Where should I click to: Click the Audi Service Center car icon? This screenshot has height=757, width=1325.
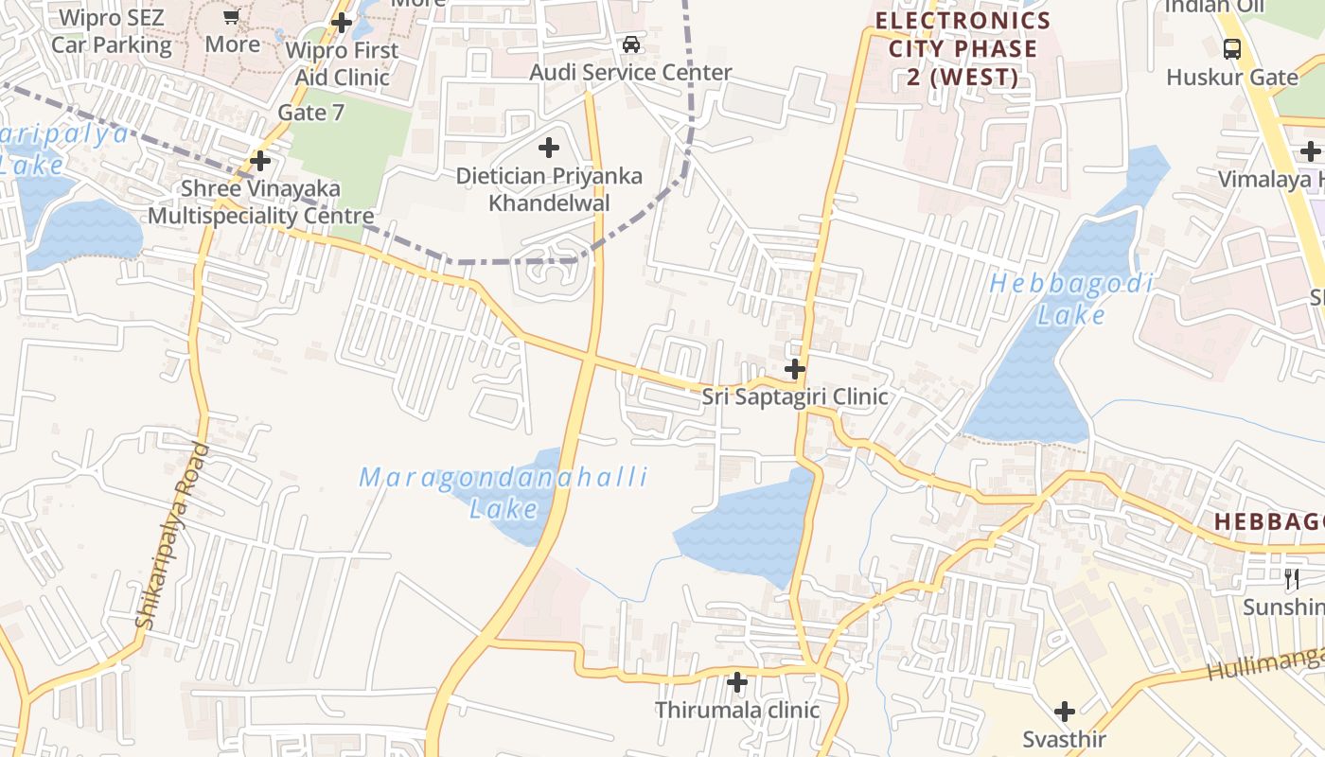(630, 44)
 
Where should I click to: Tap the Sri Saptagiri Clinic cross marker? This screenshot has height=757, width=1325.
(795, 368)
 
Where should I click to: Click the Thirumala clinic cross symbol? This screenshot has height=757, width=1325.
(737, 681)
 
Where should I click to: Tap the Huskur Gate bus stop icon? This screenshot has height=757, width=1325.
(1232, 48)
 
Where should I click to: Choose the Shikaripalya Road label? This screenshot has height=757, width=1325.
(172, 536)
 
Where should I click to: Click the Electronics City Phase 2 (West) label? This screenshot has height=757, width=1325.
(963, 48)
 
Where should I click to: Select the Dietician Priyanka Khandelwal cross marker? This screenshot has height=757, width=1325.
(548, 148)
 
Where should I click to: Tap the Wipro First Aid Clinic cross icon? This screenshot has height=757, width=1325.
(342, 22)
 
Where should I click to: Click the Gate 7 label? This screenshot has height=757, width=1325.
(310, 113)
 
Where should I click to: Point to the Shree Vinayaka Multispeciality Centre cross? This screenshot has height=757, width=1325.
(260, 160)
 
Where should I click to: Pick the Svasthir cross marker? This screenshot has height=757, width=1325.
(1065, 712)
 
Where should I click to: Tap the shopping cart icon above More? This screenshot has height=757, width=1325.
(232, 16)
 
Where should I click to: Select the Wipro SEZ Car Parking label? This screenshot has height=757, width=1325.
(112, 31)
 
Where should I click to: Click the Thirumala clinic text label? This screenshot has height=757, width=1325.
(737, 710)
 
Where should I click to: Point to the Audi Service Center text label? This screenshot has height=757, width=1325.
(630, 73)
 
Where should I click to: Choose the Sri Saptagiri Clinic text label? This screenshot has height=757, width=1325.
(795, 396)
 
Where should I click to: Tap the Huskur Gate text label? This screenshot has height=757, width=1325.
(1232, 77)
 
